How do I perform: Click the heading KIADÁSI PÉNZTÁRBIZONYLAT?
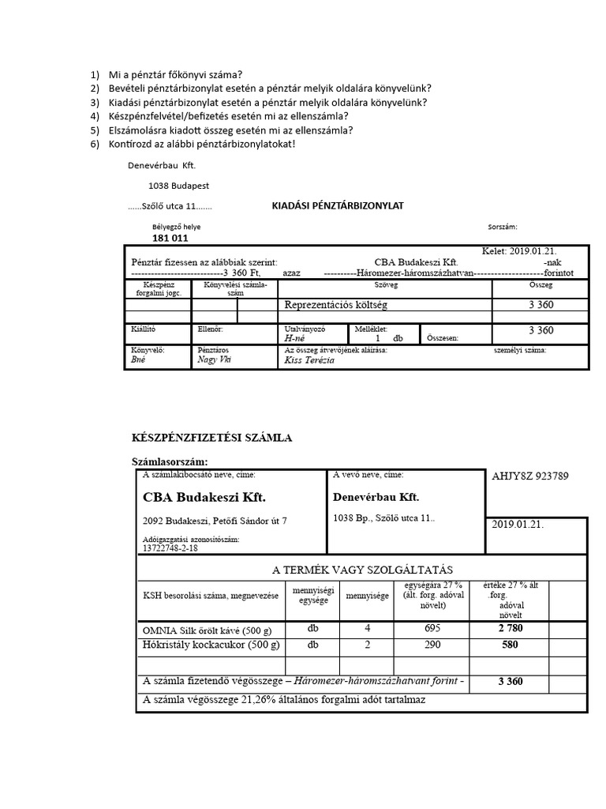(x=338, y=205)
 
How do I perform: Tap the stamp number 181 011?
(x=170, y=238)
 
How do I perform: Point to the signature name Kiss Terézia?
(x=309, y=360)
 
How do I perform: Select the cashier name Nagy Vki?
(x=215, y=359)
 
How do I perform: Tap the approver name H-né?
(x=295, y=337)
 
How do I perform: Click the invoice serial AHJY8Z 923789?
(x=529, y=476)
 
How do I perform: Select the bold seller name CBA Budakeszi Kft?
(x=204, y=498)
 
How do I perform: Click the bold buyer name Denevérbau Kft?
(x=376, y=498)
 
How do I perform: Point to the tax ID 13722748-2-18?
(x=170, y=547)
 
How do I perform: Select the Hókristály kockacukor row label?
(x=210, y=645)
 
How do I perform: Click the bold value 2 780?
(x=510, y=628)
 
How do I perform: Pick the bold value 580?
(x=510, y=645)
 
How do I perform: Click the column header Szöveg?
(x=386, y=284)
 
